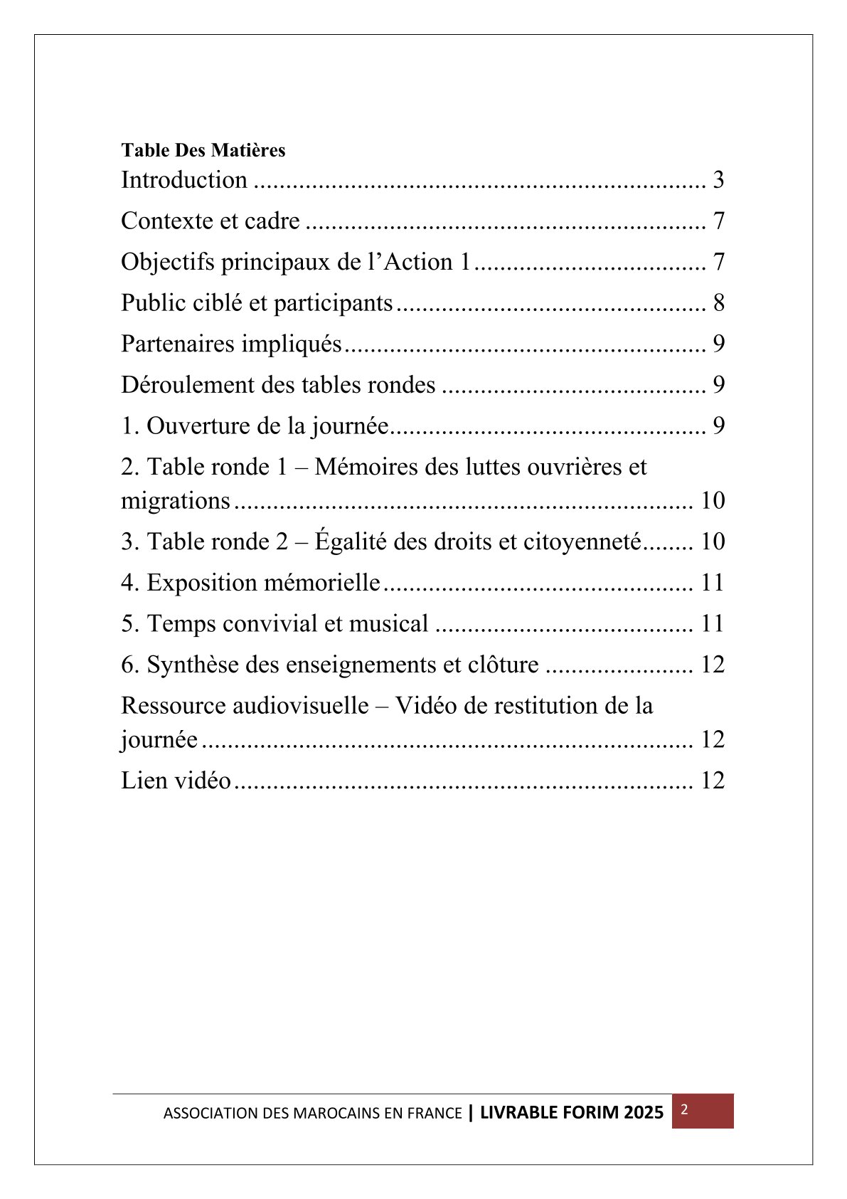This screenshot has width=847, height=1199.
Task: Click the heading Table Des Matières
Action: click(x=203, y=151)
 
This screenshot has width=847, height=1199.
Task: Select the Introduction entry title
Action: click(x=184, y=180)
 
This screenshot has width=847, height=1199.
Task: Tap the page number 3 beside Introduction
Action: click(x=718, y=180)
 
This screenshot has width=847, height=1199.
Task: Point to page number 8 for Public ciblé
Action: click(x=718, y=303)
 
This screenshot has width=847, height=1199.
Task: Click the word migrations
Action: click(x=176, y=501)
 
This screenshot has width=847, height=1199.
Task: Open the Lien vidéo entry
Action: click(x=176, y=781)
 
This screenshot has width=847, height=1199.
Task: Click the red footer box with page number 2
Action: click(x=702, y=1111)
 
